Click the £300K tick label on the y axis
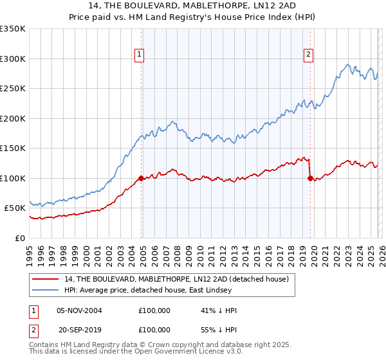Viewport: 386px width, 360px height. (13, 59)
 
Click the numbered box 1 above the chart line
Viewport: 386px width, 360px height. (140, 55)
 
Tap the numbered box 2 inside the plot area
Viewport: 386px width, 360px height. (309, 55)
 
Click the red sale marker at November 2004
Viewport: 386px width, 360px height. (141, 178)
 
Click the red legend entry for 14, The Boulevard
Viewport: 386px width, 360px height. (179, 279)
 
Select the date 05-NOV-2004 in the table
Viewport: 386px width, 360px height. (80, 310)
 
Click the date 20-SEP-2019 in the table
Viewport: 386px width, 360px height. (80, 330)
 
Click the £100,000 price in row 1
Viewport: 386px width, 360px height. (154, 310)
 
